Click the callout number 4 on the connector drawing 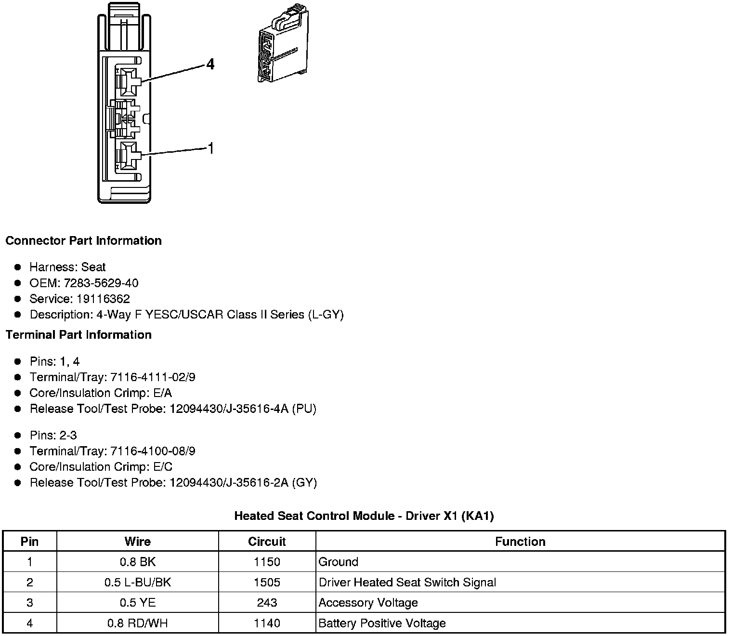click(x=210, y=64)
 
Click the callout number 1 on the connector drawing click(x=210, y=148)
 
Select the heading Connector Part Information click(x=83, y=240)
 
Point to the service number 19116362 click(x=103, y=299)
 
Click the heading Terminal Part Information click(x=78, y=334)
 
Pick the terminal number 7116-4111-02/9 click(x=153, y=377)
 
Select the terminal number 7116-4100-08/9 click(x=153, y=451)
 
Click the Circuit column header click(x=267, y=542)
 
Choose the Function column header click(x=520, y=542)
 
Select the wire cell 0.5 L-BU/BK click(x=137, y=582)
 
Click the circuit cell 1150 click(x=267, y=562)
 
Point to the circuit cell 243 click(x=267, y=602)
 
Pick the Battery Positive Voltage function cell click(x=382, y=623)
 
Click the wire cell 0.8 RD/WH click(x=137, y=623)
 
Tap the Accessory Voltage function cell click(x=368, y=602)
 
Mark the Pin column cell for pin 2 click(x=30, y=582)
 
